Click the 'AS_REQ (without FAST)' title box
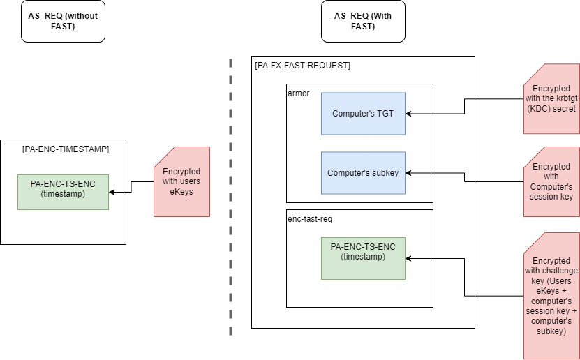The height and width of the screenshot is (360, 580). [x=63, y=21]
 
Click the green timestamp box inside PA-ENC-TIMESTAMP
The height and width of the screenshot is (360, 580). [x=63, y=192]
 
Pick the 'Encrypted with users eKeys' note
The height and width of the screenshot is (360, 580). [x=181, y=181]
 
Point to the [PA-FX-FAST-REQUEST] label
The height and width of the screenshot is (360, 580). [x=303, y=66]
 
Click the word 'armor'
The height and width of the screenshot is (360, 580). [x=298, y=93]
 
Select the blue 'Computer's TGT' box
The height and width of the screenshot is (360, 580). [x=363, y=113]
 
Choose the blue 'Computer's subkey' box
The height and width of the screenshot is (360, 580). [x=363, y=172]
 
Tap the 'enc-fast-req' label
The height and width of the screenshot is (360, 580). [x=309, y=218]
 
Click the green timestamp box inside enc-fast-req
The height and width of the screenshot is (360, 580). [x=363, y=258]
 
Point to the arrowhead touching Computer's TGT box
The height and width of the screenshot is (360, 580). [x=409, y=112]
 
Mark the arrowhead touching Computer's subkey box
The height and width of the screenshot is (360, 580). [x=409, y=172]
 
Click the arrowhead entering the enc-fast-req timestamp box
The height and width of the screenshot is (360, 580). [x=409, y=258]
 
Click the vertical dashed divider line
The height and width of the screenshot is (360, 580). [x=230, y=195]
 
